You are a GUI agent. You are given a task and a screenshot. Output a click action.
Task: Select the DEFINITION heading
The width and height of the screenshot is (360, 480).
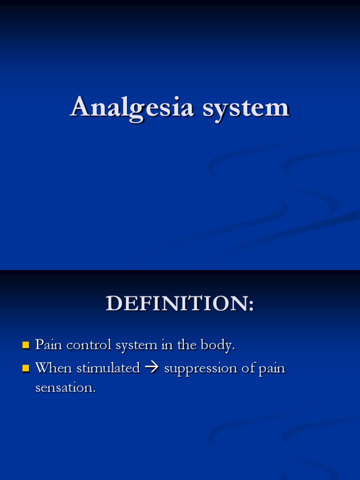coord(180,303)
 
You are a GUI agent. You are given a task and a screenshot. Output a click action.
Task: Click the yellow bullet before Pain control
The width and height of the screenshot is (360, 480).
coord(26,346)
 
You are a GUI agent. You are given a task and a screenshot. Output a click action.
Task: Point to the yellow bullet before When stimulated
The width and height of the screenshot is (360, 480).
coord(26,369)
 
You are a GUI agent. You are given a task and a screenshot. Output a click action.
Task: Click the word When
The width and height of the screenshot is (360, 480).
coord(53,368)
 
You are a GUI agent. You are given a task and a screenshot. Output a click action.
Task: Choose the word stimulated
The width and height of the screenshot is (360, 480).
coord(108,368)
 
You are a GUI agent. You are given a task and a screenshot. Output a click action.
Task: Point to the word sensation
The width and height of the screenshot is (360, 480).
coord(65,388)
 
